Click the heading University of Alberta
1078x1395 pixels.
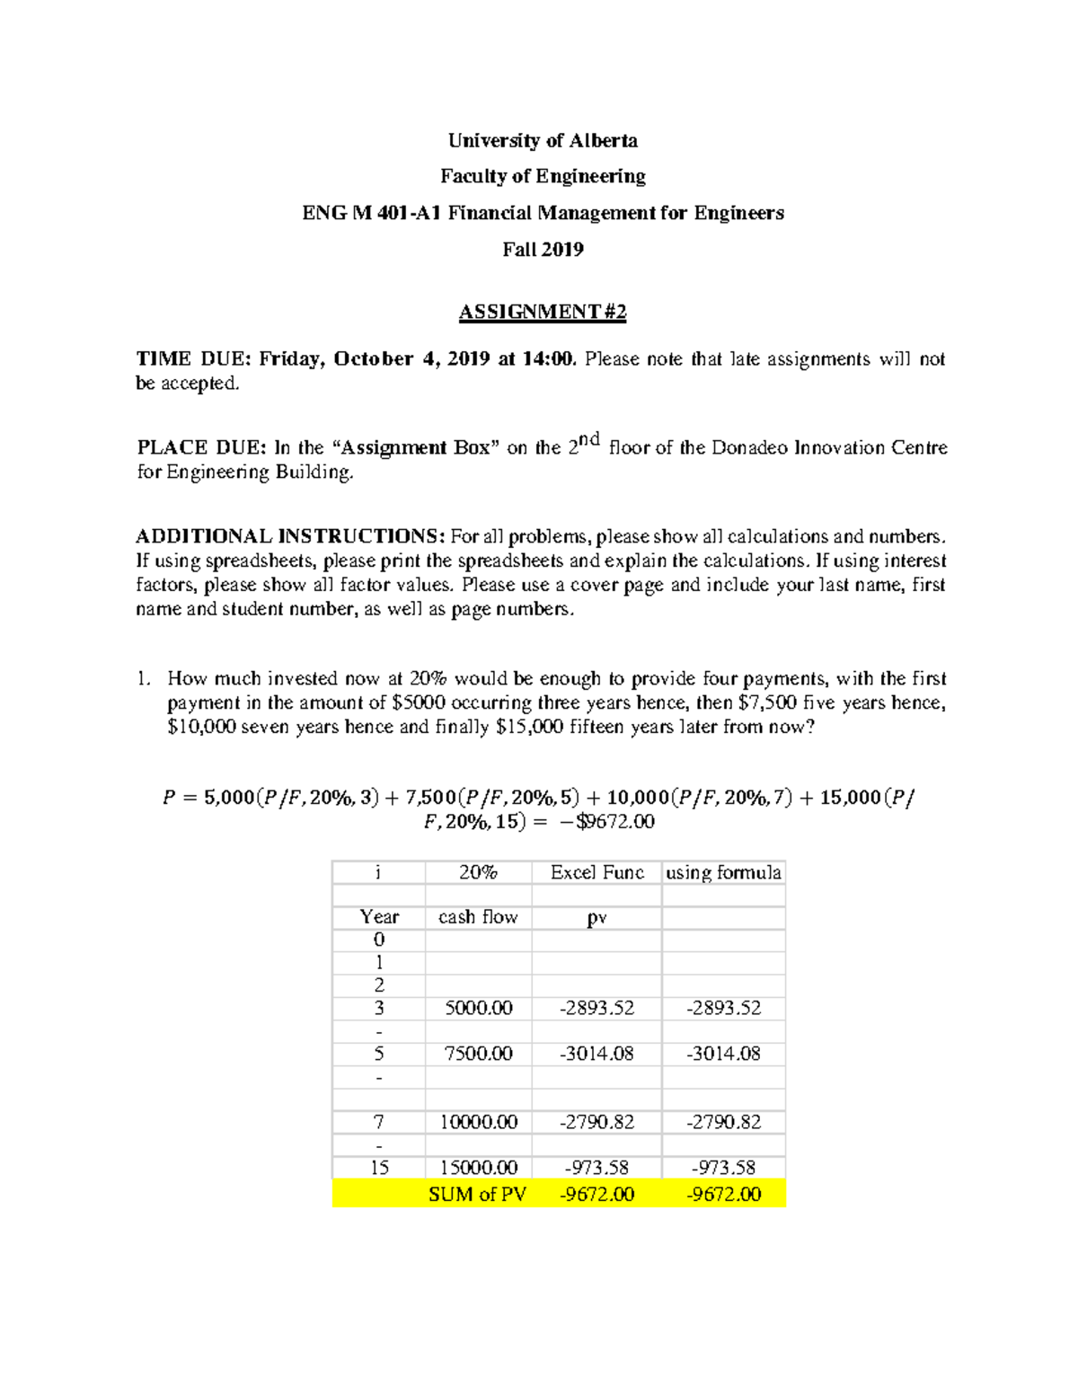click(543, 140)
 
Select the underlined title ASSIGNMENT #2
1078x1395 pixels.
click(543, 312)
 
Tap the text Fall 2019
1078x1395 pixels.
click(543, 250)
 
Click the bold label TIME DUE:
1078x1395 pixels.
click(192, 359)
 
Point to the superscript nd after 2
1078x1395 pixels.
click(588, 439)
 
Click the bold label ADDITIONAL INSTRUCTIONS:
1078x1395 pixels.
click(290, 536)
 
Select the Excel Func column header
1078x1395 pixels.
click(597, 872)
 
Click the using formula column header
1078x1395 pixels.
click(723, 872)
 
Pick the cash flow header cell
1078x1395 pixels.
click(478, 917)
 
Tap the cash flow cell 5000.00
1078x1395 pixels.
click(479, 1008)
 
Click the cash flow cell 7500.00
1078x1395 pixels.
click(479, 1054)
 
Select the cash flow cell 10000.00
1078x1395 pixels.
click(479, 1122)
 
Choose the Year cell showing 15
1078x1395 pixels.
click(379, 1168)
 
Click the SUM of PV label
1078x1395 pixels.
click(477, 1194)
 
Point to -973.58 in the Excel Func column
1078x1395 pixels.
click(597, 1168)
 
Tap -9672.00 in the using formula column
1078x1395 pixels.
click(724, 1194)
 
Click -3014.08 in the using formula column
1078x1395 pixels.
click(724, 1054)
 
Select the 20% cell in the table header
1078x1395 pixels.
click(478, 872)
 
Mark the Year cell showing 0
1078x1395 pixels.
click(379, 940)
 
